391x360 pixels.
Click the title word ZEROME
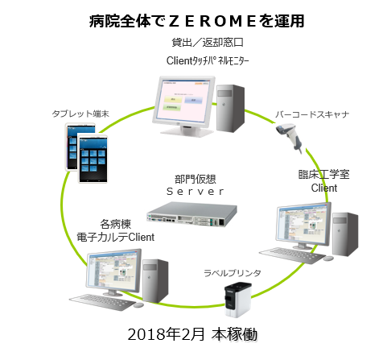[x=212, y=21]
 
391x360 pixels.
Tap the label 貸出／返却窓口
[x=208, y=43]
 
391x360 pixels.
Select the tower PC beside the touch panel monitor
[x=230, y=108]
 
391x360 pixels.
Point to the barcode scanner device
[x=290, y=136]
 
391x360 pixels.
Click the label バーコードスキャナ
[x=312, y=114]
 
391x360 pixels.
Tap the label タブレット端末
[x=80, y=114]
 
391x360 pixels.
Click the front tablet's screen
[x=93, y=159]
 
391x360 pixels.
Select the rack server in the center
[x=191, y=214]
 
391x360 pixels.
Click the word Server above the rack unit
[x=195, y=192]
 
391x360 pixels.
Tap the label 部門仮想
[x=195, y=179]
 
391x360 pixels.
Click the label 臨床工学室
[x=324, y=175]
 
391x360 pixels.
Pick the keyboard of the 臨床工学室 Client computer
[x=292, y=255]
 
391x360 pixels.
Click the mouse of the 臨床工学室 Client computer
[x=328, y=259]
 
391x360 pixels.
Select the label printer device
[x=237, y=300]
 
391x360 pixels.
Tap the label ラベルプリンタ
[x=233, y=273]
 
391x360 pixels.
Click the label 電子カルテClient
[x=116, y=237]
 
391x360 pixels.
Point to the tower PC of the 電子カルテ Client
[x=155, y=281]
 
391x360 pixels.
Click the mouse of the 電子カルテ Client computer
[x=138, y=305]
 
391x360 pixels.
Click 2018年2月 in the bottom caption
[x=166, y=334]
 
